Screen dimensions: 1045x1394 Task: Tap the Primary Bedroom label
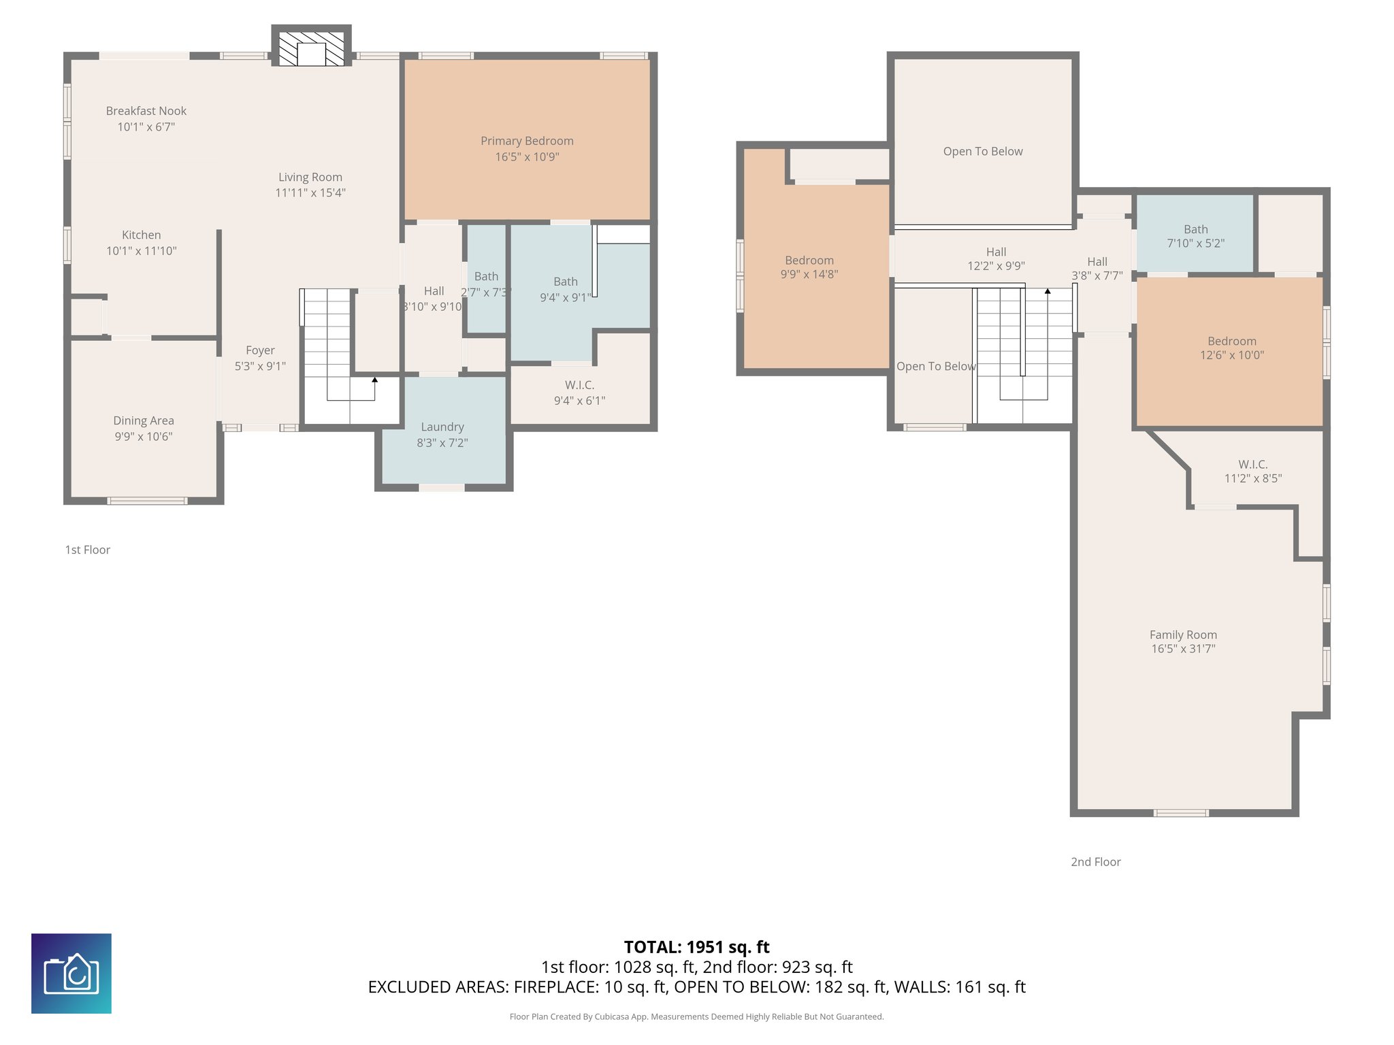click(527, 141)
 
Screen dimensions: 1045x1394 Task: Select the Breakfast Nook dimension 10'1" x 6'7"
click(146, 127)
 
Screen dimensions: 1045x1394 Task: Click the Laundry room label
click(442, 427)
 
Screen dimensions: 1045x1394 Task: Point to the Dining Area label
click(143, 420)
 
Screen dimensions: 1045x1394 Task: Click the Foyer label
click(260, 350)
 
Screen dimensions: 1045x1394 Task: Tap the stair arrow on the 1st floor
click(374, 380)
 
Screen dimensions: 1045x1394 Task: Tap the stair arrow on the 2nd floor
click(1048, 291)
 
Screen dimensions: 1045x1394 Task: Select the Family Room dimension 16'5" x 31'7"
click(1183, 649)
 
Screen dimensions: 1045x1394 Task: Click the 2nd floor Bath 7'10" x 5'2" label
click(1195, 235)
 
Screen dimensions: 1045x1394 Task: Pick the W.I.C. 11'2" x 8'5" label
click(1252, 471)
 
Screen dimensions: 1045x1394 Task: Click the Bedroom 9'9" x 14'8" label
click(809, 267)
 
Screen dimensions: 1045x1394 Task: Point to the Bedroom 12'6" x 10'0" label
click(1231, 348)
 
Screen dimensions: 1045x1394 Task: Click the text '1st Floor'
click(87, 550)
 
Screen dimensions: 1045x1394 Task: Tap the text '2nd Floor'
click(1095, 862)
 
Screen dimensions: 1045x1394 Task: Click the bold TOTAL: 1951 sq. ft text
click(696, 947)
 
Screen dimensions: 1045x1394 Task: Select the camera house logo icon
click(71, 974)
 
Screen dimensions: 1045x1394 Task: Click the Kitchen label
click(141, 235)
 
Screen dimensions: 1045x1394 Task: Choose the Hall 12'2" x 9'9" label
click(996, 259)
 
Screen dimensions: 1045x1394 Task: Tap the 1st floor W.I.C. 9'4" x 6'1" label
click(579, 393)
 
